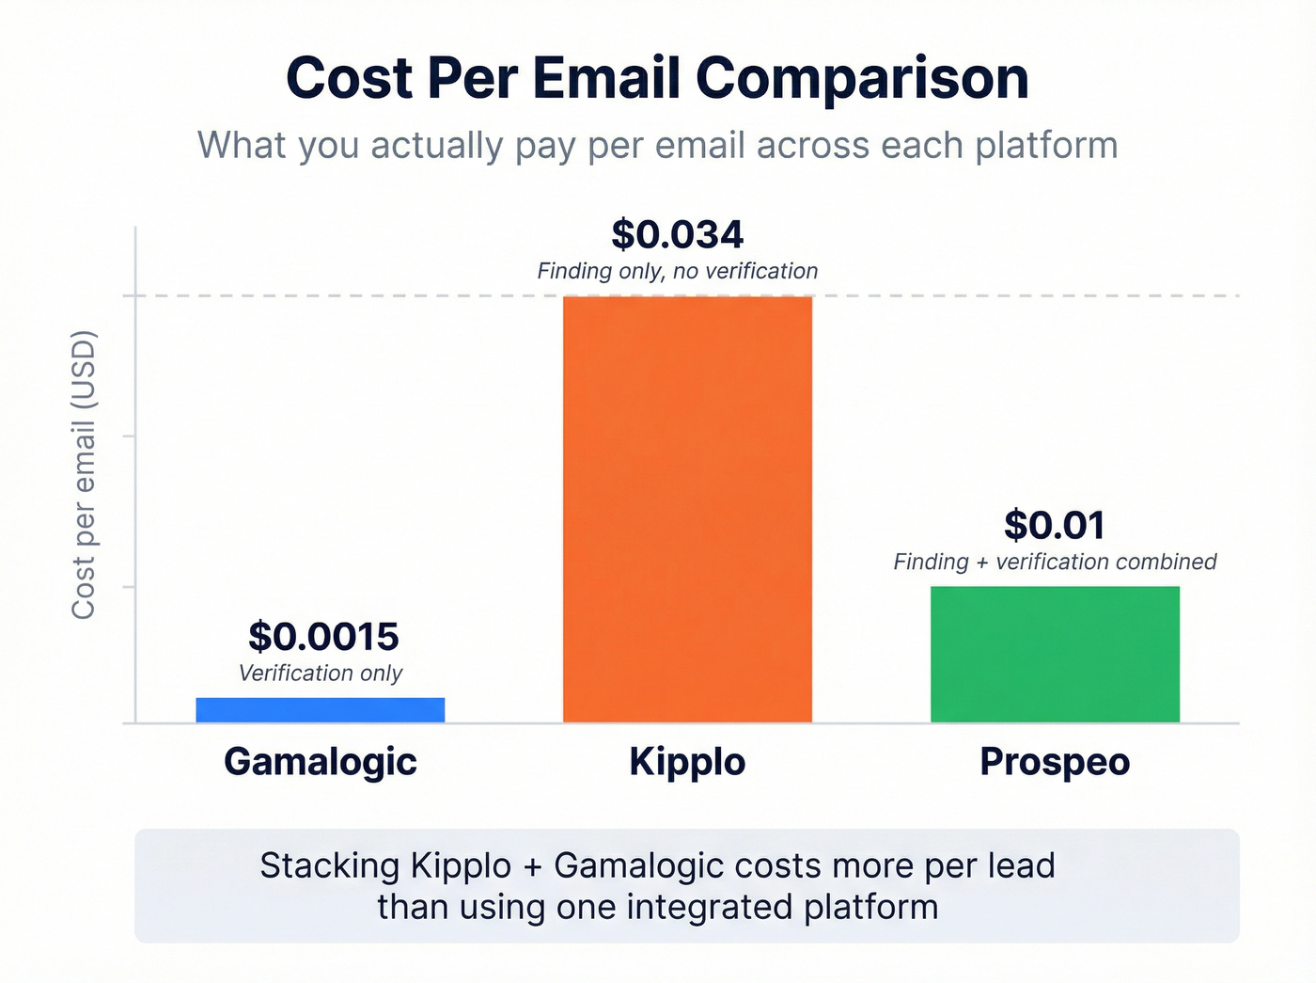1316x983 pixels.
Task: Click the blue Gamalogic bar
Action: tap(320, 709)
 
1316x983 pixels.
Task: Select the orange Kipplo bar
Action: tap(687, 509)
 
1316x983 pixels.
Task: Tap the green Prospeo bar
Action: tap(1055, 654)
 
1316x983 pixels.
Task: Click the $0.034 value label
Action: tap(677, 234)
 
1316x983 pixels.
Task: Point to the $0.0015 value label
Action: tap(323, 637)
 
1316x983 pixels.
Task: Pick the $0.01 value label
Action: tap(1054, 525)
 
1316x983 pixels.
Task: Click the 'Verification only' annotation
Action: tap(320, 674)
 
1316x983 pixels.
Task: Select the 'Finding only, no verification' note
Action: tap(677, 272)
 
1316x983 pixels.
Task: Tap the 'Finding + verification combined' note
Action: tap(1055, 563)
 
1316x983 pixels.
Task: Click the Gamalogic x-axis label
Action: tap(320, 762)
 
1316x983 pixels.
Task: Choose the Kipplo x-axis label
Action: tap(687, 762)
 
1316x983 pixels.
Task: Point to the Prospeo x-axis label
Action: tap(1055, 762)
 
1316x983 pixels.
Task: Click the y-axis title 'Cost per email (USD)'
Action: tap(84, 475)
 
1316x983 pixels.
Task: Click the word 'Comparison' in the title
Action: tap(862, 78)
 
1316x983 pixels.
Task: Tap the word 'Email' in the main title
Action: tap(606, 78)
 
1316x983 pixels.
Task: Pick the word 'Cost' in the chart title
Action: tap(349, 78)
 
